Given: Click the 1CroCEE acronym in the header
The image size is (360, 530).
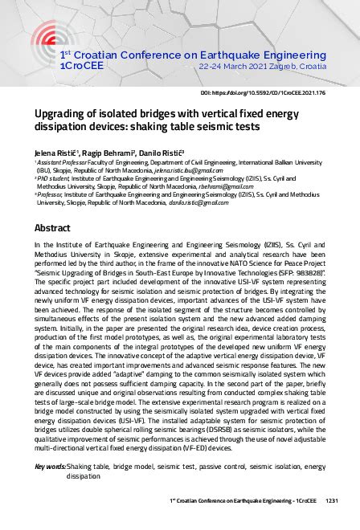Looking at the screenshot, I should click(80, 66).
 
